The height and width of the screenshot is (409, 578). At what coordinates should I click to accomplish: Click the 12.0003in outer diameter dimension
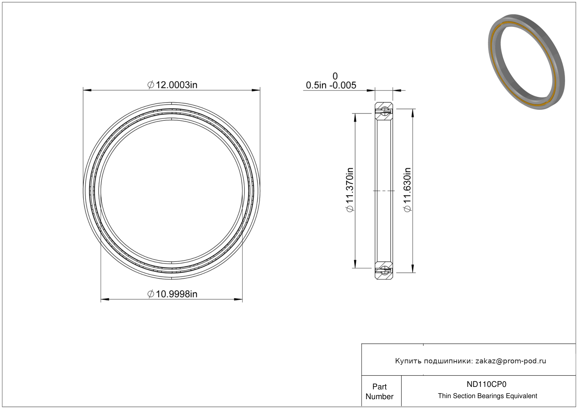172,85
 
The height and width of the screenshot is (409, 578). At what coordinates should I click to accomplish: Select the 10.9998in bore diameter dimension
172,294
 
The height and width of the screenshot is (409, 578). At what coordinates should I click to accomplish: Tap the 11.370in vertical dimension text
350,190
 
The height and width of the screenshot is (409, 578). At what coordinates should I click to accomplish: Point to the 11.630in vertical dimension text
407,190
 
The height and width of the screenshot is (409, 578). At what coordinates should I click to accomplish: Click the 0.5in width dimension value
316,85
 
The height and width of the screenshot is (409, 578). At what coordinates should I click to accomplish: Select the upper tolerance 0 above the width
335,76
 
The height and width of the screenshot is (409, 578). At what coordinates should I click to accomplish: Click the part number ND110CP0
486,384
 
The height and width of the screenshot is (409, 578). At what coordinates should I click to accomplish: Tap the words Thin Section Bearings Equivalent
487,396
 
